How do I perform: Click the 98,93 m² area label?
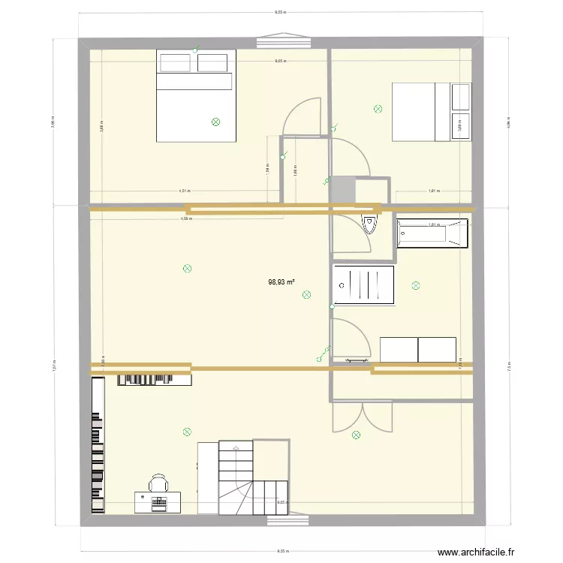coord(281,283)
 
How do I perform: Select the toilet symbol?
coord(370,224)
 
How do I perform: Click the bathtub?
coord(432,233)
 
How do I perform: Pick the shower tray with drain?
coord(364,285)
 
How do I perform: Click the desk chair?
coord(158,482)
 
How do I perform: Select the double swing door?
coord(363,417)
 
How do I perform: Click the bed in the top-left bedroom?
coord(196,95)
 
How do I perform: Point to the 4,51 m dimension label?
coord(184,191)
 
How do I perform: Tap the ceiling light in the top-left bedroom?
coord(216,121)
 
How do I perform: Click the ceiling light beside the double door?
coord(355,433)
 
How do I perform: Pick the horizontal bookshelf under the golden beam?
coord(154,380)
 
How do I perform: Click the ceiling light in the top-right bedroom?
coord(378,109)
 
